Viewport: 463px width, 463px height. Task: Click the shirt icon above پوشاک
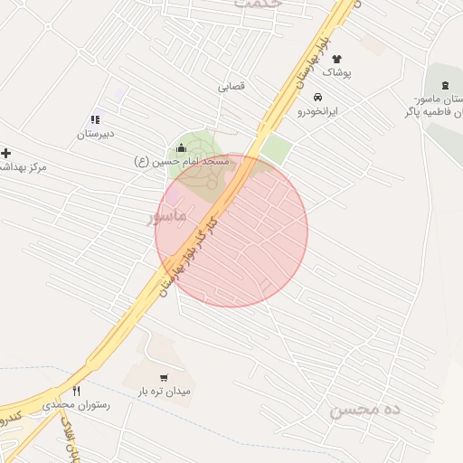coord(336,59)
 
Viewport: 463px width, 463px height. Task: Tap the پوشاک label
coord(336,71)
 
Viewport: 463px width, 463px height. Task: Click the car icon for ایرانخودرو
coord(317,98)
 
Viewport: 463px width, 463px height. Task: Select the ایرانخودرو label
coord(317,110)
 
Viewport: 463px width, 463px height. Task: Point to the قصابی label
coord(231,88)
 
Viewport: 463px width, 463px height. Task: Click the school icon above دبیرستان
coord(95,119)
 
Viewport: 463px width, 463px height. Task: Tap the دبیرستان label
coord(95,133)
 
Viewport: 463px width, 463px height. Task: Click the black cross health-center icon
coord(6,153)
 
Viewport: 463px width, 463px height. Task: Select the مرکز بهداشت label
coord(23,167)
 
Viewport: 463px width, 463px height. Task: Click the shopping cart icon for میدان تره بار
coord(163,378)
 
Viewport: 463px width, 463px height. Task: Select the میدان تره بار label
coord(164,392)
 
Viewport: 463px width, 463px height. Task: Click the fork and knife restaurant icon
coord(77,392)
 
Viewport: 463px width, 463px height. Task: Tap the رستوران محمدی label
coord(77,406)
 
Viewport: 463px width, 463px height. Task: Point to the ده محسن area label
coord(364,410)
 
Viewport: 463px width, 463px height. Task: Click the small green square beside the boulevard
coord(278,149)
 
